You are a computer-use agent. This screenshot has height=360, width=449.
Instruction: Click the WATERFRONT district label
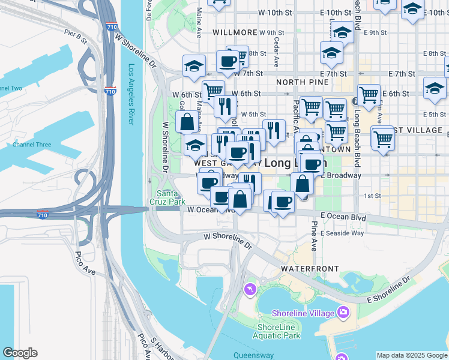309,269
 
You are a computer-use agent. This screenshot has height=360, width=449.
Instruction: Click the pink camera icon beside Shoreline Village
343,311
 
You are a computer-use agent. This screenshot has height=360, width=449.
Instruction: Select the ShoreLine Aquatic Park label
278,331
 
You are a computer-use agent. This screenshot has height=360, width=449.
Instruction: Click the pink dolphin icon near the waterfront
249,290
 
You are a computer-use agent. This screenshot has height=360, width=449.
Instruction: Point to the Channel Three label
32,145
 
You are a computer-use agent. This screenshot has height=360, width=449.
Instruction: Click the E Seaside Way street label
342,233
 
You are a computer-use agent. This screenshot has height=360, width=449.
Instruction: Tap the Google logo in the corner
20,353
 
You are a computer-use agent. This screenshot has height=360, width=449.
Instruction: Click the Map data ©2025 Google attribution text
412,355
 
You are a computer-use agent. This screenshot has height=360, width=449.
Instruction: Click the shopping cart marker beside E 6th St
368,94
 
